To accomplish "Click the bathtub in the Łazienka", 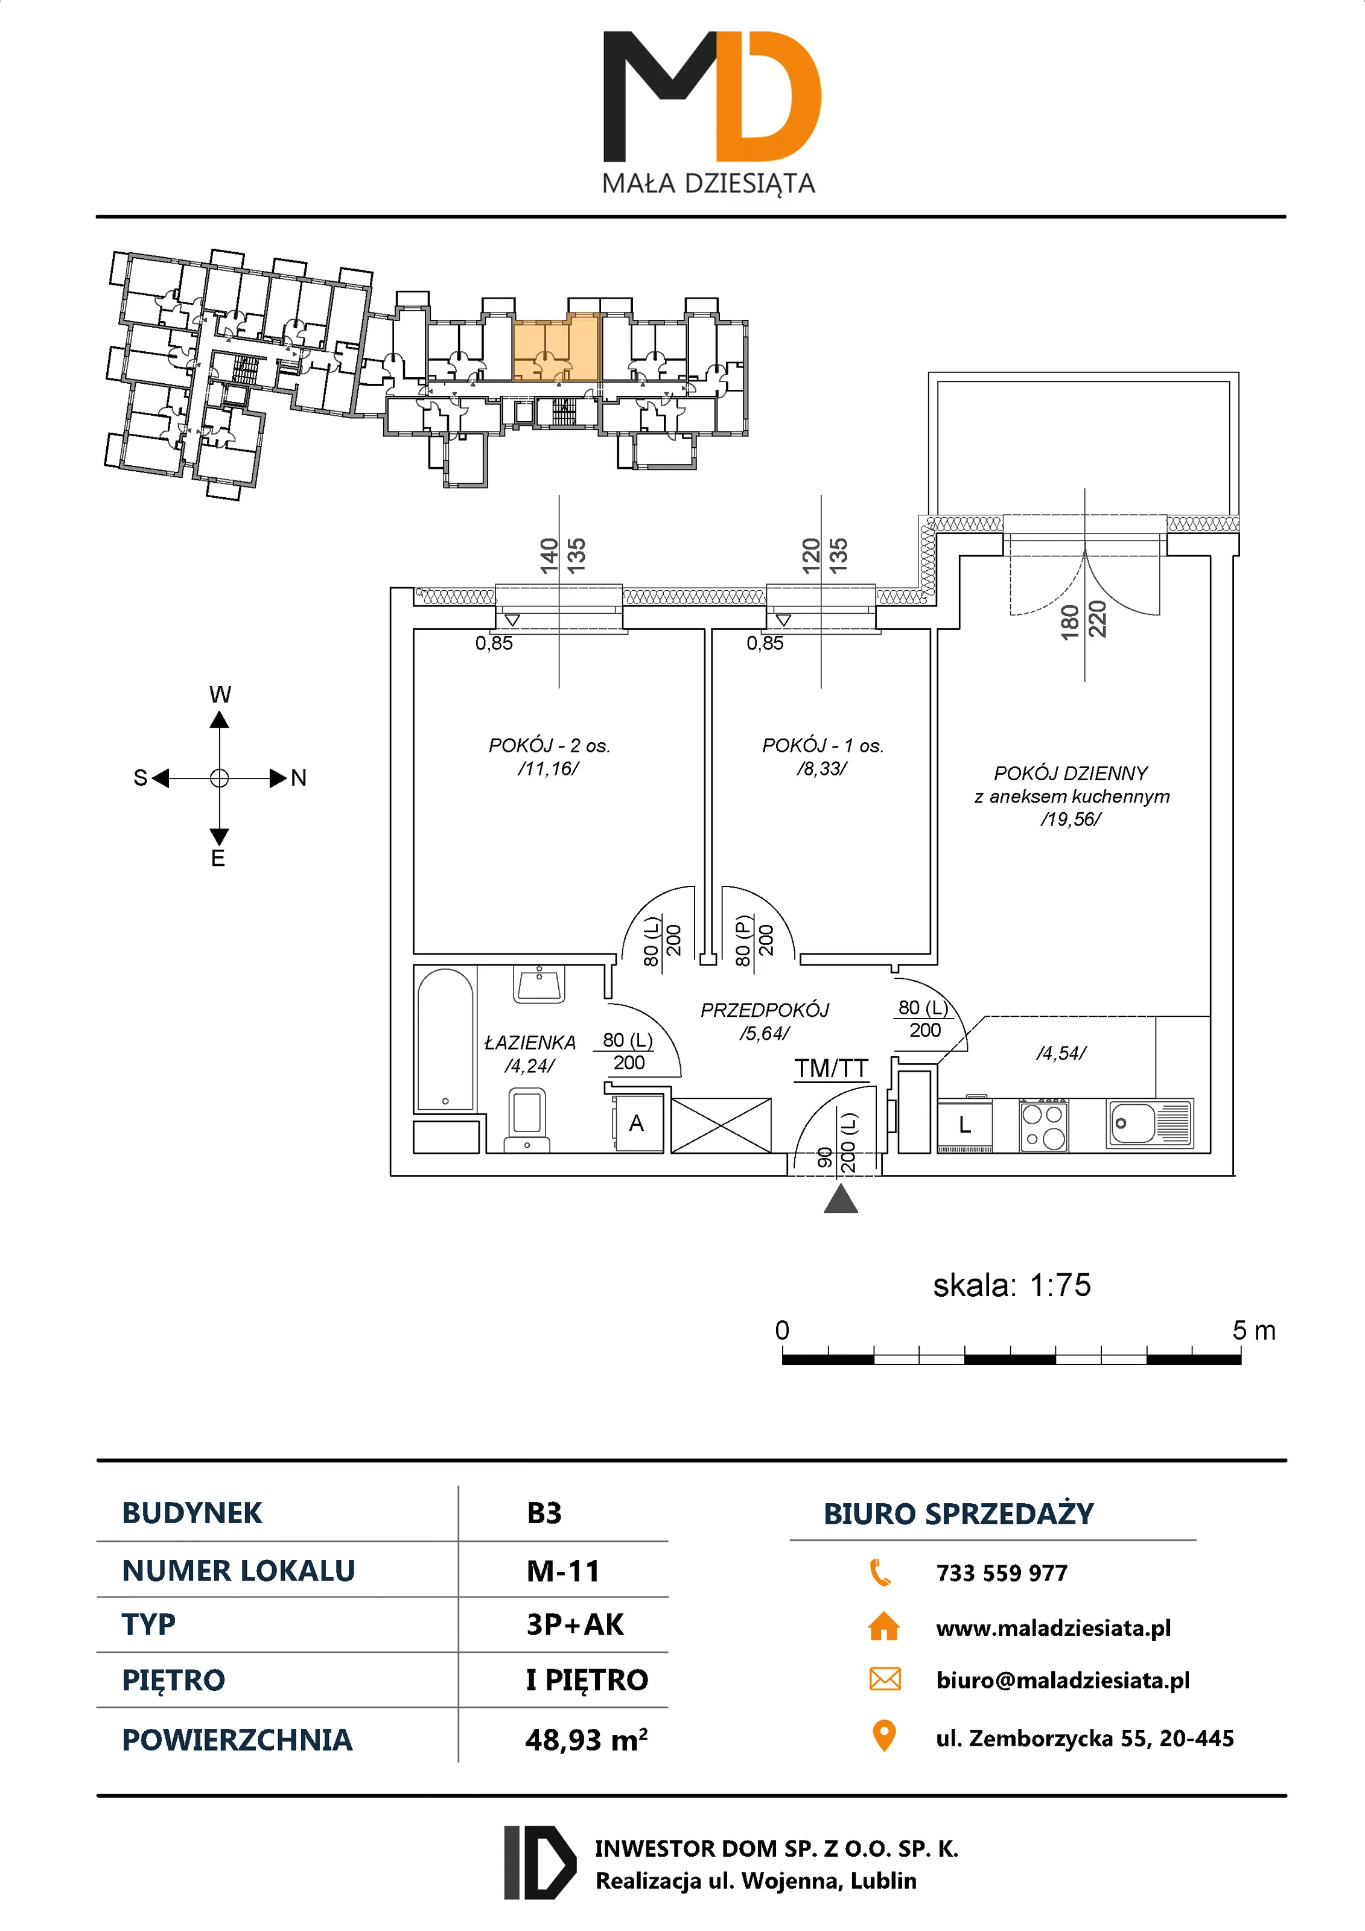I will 445,1040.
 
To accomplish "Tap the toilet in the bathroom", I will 526,1119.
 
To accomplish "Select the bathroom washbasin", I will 538,984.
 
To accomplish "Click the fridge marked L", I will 965,1124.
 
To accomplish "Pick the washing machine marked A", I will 637,1124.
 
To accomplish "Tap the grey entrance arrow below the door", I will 840,1199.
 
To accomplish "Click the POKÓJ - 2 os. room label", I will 549,745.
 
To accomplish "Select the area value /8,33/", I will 822,769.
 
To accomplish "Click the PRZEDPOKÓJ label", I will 765,1010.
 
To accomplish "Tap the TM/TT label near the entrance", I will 831,1068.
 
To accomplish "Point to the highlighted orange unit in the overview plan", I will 555,349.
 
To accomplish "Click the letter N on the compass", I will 299,778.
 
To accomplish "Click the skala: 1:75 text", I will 1012,1285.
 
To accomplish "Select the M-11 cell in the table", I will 562,1571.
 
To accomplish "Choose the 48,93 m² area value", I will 586,1739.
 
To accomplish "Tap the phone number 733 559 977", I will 1001,1573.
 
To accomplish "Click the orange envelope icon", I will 884,1679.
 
